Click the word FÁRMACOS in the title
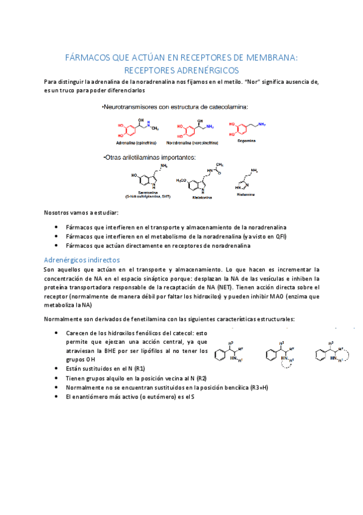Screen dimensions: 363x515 [88, 58]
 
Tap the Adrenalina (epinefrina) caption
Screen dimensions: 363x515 [136, 143]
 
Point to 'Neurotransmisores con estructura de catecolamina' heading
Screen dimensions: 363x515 [176, 107]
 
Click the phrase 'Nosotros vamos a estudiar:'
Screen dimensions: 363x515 [81, 213]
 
